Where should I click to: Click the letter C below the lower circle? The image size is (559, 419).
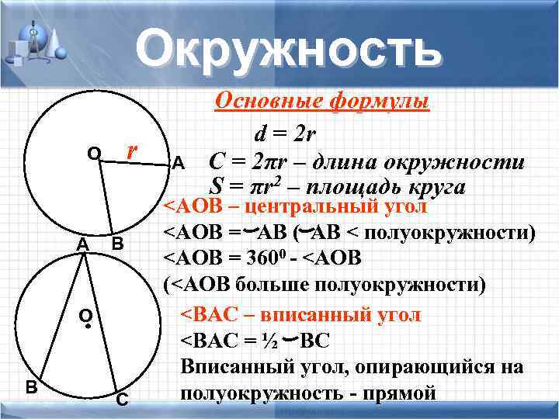(122, 400)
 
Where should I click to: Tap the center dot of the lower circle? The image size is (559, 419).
(88, 327)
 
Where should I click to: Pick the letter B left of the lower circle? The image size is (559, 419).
(31, 386)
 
